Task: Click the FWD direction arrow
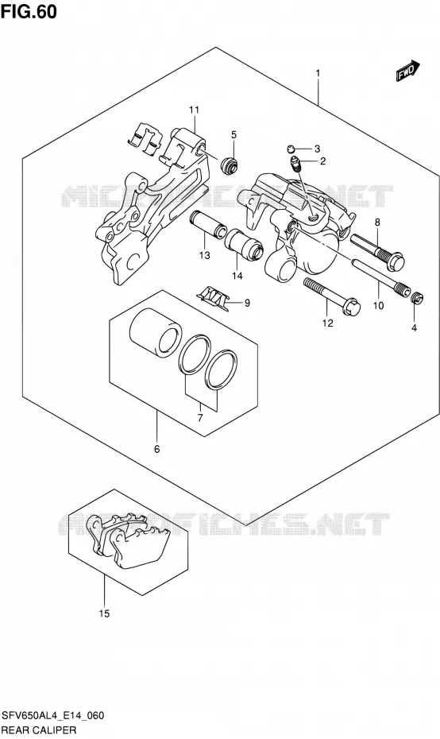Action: tap(407, 71)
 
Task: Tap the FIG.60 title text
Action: tap(29, 12)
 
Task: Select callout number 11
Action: tap(194, 110)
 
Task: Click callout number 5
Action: tap(234, 135)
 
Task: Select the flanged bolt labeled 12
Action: tap(333, 296)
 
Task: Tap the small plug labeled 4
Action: tap(418, 298)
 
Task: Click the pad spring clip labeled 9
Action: tap(214, 300)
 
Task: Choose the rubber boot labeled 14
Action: tap(244, 242)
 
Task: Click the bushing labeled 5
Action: tap(230, 163)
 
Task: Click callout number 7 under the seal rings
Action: tap(200, 417)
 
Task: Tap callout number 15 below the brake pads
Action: tap(104, 613)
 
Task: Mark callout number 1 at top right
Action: tap(318, 74)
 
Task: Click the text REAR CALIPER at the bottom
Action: tap(39, 730)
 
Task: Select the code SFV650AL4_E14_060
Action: tap(52, 716)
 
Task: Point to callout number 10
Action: tap(378, 305)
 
